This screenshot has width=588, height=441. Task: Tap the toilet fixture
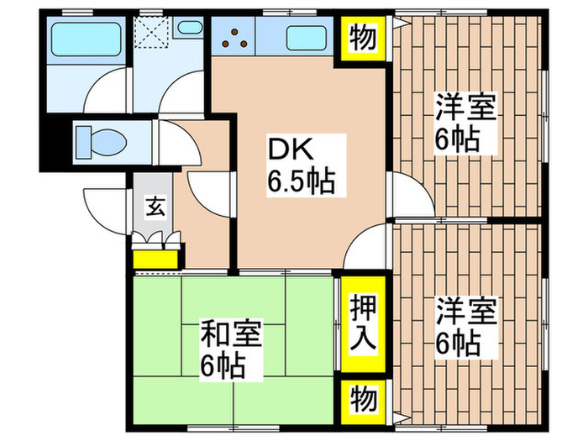98,141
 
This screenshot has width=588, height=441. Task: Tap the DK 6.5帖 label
301,165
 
